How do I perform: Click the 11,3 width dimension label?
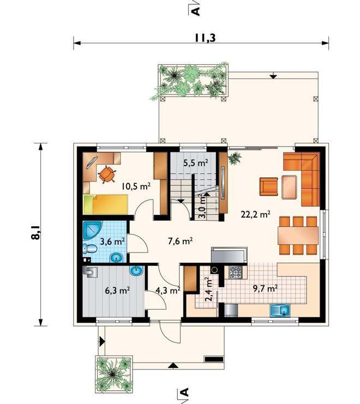[205, 38]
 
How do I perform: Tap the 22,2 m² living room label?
[255, 214]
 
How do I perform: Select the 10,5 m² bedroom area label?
[136, 186]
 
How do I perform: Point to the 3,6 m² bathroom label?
[112, 242]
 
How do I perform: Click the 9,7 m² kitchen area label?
[265, 288]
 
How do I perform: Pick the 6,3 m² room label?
[117, 291]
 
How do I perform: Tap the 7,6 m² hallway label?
[181, 241]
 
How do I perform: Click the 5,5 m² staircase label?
[196, 162]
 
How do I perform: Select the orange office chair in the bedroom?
[107, 174]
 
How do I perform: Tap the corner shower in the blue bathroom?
[92, 230]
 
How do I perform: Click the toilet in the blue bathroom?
[89, 249]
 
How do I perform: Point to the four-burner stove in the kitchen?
[236, 273]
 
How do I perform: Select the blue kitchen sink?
[280, 310]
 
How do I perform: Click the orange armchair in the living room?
[269, 186]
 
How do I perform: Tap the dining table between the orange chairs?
[298, 235]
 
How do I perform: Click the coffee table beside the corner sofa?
[289, 187]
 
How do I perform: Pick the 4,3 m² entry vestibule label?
[167, 291]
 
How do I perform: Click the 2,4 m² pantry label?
[209, 289]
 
